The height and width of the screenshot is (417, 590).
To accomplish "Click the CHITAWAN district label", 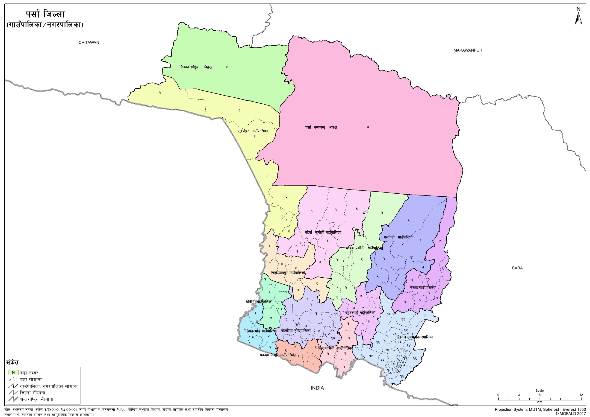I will pyautogui.click(x=89, y=42).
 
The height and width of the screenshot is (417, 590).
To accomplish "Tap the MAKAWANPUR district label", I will pyautogui.click(x=468, y=50).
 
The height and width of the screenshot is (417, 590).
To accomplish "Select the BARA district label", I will pyautogui.click(x=517, y=268).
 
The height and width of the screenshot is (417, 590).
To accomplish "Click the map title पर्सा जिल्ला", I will pyautogui.click(x=45, y=15).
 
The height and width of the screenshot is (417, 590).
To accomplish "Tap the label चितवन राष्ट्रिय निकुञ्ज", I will pyautogui.click(x=196, y=67).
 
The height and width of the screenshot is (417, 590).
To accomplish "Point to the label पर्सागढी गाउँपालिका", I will pyautogui.click(x=398, y=237).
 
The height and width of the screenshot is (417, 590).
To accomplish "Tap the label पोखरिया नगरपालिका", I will pyautogui.click(x=296, y=331).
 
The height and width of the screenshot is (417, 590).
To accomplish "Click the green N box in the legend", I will pyautogui.click(x=13, y=372).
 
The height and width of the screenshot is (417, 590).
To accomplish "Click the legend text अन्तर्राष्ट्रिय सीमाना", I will pyautogui.click(x=36, y=399).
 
